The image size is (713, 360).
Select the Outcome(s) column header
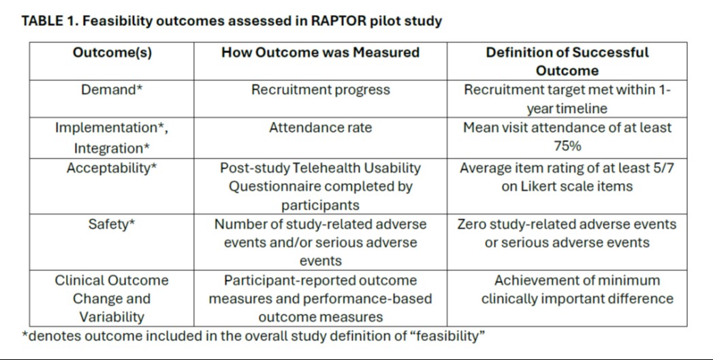[x=112, y=52]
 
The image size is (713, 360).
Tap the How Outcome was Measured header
[x=320, y=52]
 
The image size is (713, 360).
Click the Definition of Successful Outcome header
[x=567, y=61]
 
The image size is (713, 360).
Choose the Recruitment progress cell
[x=320, y=90]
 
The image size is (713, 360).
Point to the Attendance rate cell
[x=320, y=127]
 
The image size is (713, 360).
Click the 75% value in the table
[x=567, y=146]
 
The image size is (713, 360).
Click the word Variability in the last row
[x=112, y=317]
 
